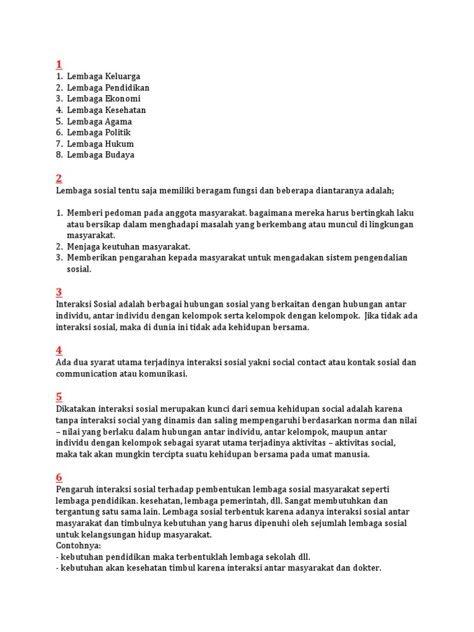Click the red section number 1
(x=59, y=65)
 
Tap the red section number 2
(x=59, y=178)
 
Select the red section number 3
(x=59, y=292)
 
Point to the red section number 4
(x=59, y=350)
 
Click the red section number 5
(x=59, y=396)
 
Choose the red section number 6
(x=59, y=477)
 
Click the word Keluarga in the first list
(x=123, y=77)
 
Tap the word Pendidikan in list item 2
(x=128, y=88)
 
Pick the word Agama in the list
(x=119, y=122)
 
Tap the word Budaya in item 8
(x=120, y=155)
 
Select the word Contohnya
(x=78, y=546)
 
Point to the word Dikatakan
(x=77, y=409)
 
